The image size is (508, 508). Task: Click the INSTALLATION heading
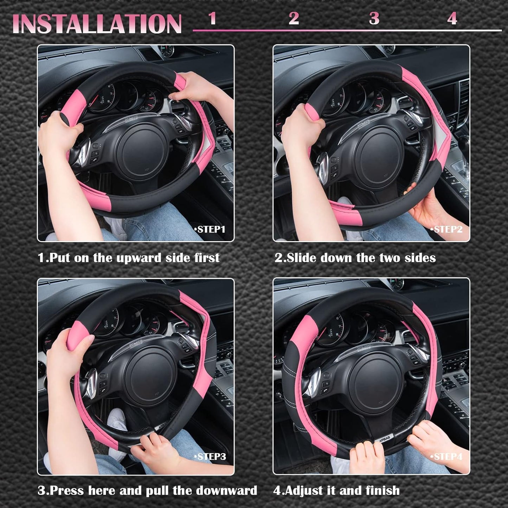tap(97, 24)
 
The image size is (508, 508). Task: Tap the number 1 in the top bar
tap(212, 18)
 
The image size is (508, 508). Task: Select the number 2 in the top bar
tap(294, 18)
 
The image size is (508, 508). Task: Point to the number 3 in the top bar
tap(374, 18)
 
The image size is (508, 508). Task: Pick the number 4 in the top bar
tap(452, 18)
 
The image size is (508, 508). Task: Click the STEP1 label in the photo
tap(210, 230)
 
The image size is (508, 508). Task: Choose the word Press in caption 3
tap(67, 490)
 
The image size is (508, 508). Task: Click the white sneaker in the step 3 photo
tap(117, 420)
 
